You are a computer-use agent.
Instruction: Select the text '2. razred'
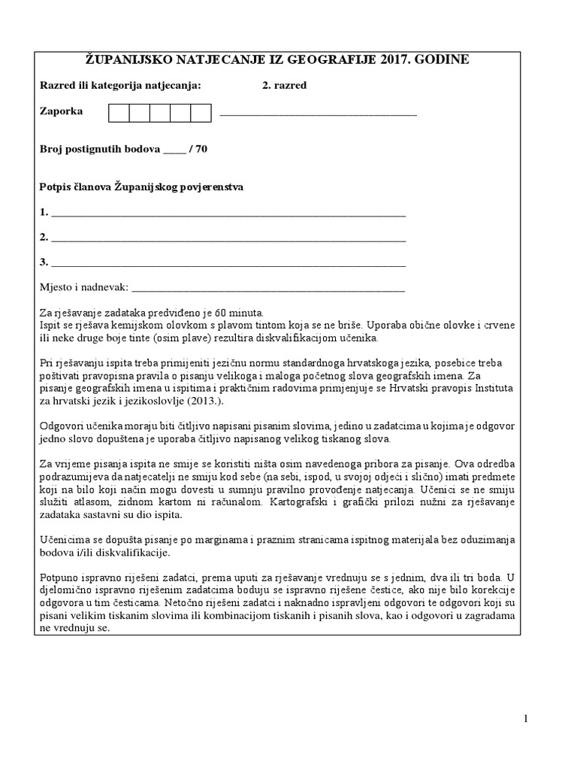tap(284, 85)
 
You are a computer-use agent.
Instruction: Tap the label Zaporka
tap(61, 111)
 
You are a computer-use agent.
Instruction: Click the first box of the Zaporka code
tap(119, 113)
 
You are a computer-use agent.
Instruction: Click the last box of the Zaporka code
tap(201, 113)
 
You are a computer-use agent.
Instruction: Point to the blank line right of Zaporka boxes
tap(318, 114)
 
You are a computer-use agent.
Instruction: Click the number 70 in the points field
tap(201, 149)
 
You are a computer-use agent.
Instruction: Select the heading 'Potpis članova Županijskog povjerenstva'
tap(141, 186)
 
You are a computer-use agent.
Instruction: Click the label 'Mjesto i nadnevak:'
tap(84, 287)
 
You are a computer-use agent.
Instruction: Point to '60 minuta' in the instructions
tap(237, 312)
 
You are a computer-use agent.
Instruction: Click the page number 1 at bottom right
tap(526, 719)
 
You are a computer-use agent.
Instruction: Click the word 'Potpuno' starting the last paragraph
tap(58, 576)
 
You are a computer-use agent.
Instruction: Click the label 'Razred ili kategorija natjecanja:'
tap(120, 85)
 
